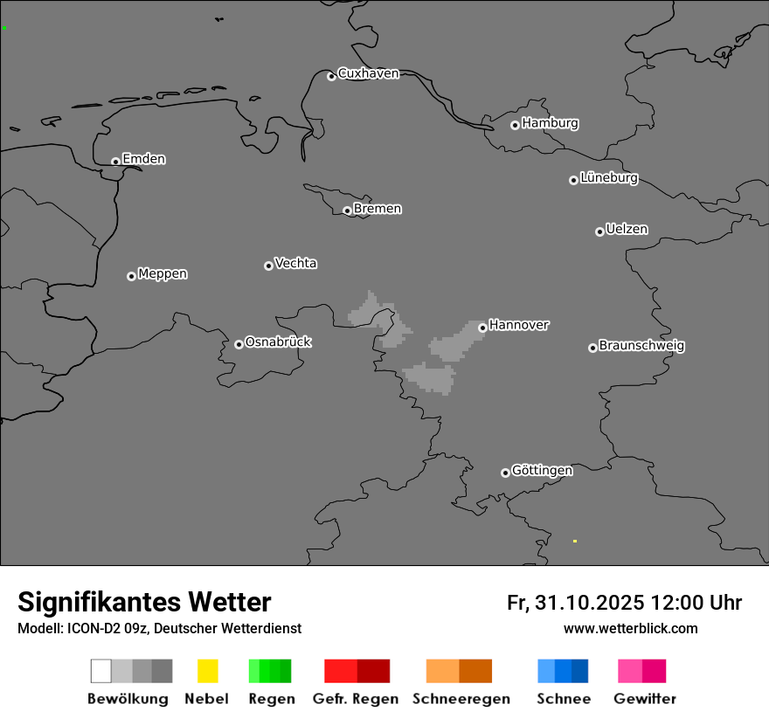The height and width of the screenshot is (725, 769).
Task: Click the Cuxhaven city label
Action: pyautogui.click(x=368, y=73)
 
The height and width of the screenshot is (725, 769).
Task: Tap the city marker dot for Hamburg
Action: pyautogui.click(x=515, y=125)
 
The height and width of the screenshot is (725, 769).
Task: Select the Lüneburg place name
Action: pyautogui.click(x=609, y=178)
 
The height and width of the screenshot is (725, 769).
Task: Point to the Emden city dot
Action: pyautogui.click(x=115, y=162)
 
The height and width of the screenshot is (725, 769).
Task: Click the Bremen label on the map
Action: pyautogui.click(x=378, y=209)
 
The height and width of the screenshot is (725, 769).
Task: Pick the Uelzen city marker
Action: pyautogui.click(x=599, y=231)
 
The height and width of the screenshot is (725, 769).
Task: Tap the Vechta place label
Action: pyautogui.click(x=295, y=263)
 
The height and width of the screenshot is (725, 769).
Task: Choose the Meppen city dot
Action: pyautogui.click(x=131, y=276)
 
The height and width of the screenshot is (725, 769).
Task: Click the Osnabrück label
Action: pyautogui.click(x=278, y=342)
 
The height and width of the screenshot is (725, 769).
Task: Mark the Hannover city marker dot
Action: pyautogui.click(x=482, y=328)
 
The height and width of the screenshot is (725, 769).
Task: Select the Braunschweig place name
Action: pyautogui.click(x=641, y=346)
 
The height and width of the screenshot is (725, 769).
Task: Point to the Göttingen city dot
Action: pyautogui.click(x=505, y=473)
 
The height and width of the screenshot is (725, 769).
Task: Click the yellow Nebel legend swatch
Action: pyautogui.click(x=207, y=671)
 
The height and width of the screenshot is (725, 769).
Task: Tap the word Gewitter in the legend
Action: pyautogui.click(x=645, y=699)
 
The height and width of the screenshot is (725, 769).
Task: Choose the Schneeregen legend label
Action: pyautogui.click(x=461, y=699)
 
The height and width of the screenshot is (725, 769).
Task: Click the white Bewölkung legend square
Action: pyautogui.click(x=100, y=671)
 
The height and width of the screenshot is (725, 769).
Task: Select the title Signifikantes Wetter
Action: pyautogui.click(x=144, y=602)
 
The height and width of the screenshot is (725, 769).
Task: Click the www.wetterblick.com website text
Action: pyautogui.click(x=630, y=628)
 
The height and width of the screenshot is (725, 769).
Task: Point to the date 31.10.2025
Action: pyautogui.click(x=590, y=603)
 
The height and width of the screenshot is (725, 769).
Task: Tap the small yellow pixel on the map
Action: pyautogui.click(x=574, y=542)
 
